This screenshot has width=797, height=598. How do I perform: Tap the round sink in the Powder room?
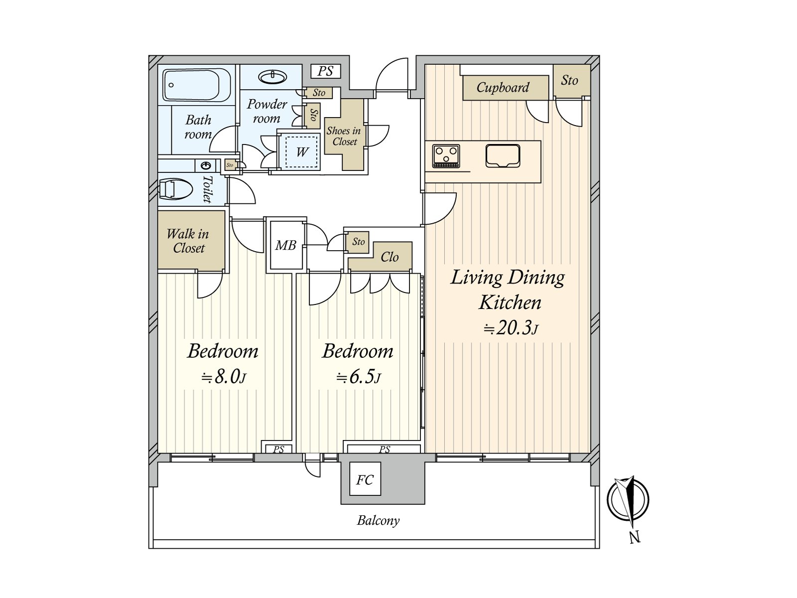pyautogui.click(x=272, y=77)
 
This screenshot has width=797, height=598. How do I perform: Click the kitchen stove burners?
pyautogui.click(x=446, y=156)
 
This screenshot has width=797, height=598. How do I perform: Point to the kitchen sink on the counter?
pyautogui.click(x=503, y=156)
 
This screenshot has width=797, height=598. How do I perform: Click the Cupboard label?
pyautogui.click(x=503, y=88)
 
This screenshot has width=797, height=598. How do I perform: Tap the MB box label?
pyautogui.click(x=286, y=246)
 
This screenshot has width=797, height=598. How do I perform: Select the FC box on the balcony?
pyautogui.click(x=365, y=479)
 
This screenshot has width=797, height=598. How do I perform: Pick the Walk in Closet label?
pyautogui.click(x=188, y=241)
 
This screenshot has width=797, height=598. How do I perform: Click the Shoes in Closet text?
pyautogui.click(x=344, y=136)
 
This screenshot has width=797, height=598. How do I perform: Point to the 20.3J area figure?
pyautogui.click(x=510, y=328)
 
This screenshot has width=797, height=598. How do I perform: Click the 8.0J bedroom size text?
pyautogui.click(x=224, y=378)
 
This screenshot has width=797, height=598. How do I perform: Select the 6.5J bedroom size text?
pyautogui.click(x=358, y=378)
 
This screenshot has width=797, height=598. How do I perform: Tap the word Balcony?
pyautogui.click(x=378, y=521)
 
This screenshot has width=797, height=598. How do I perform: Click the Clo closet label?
pyautogui.click(x=390, y=258)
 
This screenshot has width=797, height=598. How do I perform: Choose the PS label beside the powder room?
pyautogui.click(x=325, y=71)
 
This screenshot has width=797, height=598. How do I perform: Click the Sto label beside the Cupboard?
pyautogui.click(x=569, y=80)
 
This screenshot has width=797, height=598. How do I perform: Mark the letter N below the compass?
pyautogui.click(x=634, y=537)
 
